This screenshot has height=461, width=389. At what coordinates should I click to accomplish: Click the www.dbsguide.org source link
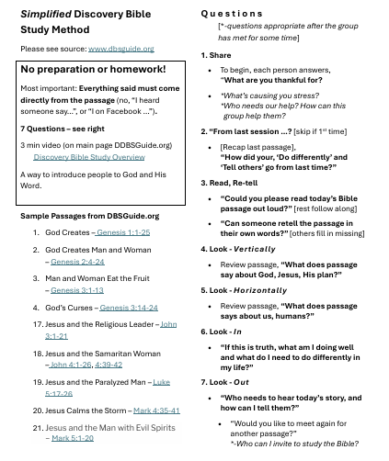click(x=121, y=48)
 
